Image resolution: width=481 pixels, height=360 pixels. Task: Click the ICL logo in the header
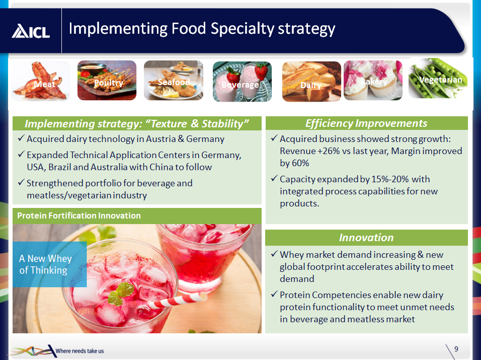tap(31, 31)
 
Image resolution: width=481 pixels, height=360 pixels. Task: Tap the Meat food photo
tap(40, 81)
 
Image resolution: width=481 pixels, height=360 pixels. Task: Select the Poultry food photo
tap(107, 81)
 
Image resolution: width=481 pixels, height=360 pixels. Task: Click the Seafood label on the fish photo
tap(174, 82)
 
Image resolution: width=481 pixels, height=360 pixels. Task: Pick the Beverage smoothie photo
tap(242, 82)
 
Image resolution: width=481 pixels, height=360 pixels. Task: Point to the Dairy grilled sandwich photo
tap(311, 82)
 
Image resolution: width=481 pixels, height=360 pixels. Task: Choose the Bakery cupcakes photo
tap(373, 81)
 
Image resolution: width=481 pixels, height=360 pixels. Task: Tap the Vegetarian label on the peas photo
tap(441, 80)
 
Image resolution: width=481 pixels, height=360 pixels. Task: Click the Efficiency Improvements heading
tap(366, 123)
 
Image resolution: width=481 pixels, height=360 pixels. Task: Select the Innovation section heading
tap(366, 237)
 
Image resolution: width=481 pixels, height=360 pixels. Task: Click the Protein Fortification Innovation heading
tap(79, 215)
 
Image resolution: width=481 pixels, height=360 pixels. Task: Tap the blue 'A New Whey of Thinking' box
tap(50, 264)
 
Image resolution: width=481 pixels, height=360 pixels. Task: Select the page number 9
tap(456, 349)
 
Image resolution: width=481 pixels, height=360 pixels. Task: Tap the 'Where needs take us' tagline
tap(80, 351)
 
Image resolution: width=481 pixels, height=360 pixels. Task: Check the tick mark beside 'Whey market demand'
tap(274, 254)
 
